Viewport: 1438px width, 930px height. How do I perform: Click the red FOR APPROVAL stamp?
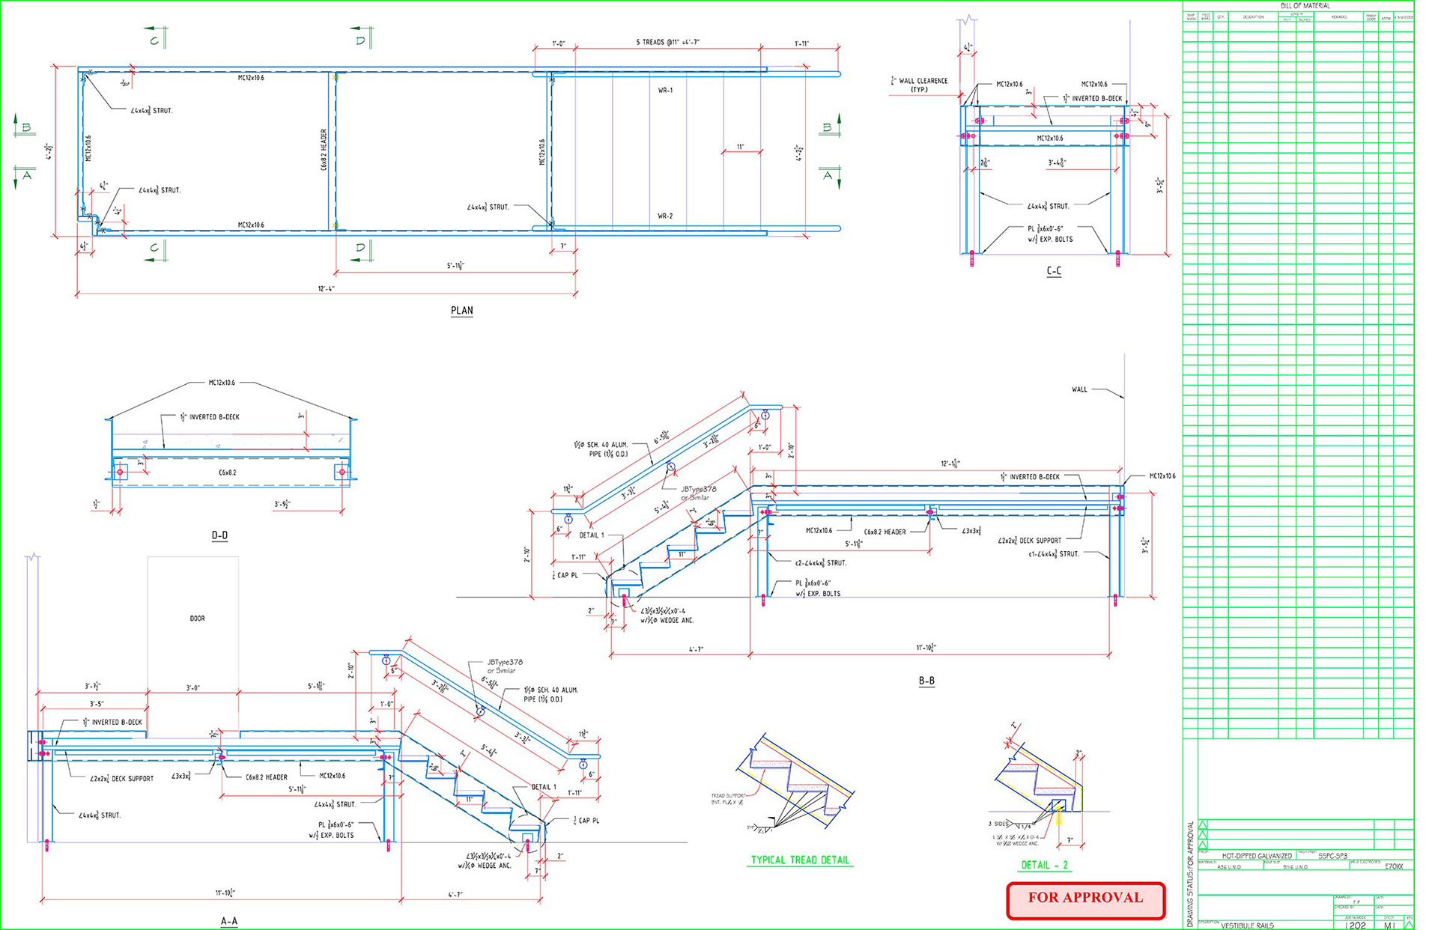pyautogui.click(x=1085, y=899)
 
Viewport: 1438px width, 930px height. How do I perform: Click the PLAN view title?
pyautogui.click(x=461, y=311)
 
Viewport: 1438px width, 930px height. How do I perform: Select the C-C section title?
pyautogui.click(x=1053, y=271)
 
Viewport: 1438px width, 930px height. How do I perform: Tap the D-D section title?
pyautogui.click(x=219, y=535)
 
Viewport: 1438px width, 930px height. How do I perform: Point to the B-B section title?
pyautogui.click(x=926, y=681)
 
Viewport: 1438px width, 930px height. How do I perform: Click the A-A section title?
pyautogui.click(x=229, y=921)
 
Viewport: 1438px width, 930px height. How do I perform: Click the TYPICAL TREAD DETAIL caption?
pyautogui.click(x=800, y=860)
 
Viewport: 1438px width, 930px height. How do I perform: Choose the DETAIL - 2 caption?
pyautogui.click(x=1044, y=865)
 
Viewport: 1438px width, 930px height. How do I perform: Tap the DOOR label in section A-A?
pyautogui.click(x=197, y=619)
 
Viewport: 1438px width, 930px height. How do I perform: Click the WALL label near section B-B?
pyautogui.click(x=1078, y=389)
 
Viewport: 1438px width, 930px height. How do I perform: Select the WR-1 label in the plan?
pyautogui.click(x=665, y=90)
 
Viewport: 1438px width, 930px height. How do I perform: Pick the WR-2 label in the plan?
pyautogui.click(x=665, y=216)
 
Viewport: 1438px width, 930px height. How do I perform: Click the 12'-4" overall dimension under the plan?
pyautogui.click(x=327, y=288)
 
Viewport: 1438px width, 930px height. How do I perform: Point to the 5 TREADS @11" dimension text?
pyautogui.click(x=667, y=43)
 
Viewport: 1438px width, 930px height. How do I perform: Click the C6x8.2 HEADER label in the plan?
pyautogui.click(x=324, y=149)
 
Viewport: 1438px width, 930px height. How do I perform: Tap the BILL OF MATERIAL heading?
pyautogui.click(x=1305, y=6)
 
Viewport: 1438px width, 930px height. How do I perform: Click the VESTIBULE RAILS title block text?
pyautogui.click(x=1247, y=926)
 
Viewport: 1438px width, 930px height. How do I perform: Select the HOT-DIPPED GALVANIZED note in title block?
pyautogui.click(x=1256, y=856)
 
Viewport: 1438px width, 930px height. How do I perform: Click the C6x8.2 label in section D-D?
pyautogui.click(x=228, y=472)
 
